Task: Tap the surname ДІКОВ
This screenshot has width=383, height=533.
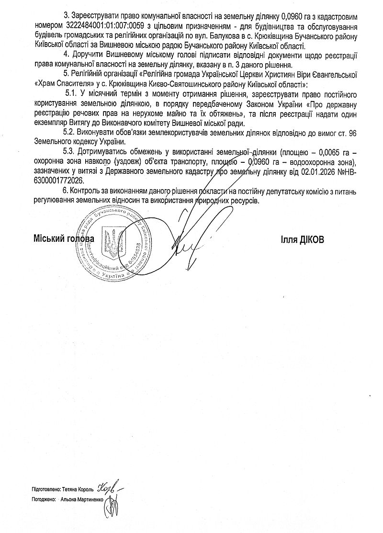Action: (x=311, y=239)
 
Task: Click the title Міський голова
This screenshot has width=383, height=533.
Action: (x=64, y=238)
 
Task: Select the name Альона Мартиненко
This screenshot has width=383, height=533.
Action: (x=82, y=499)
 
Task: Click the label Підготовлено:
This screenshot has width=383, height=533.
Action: (x=45, y=490)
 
